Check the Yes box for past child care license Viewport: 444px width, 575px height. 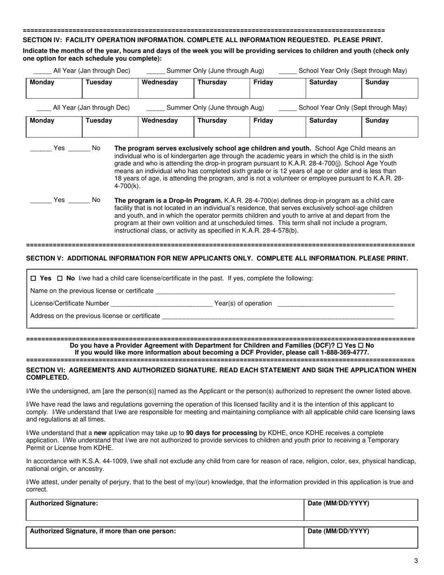(x=33, y=279)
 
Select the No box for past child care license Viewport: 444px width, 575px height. (x=59, y=279)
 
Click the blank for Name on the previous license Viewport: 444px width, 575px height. (x=275, y=292)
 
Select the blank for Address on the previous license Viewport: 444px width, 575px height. (x=278, y=317)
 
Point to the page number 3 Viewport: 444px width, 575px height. (x=416, y=561)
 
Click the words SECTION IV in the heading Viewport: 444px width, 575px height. (x=43, y=40)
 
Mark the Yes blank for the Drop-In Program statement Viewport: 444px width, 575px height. (x=41, y=201)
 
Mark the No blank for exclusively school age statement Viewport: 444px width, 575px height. (x=79, y=149)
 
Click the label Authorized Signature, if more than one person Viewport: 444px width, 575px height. (x=103, y=531)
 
